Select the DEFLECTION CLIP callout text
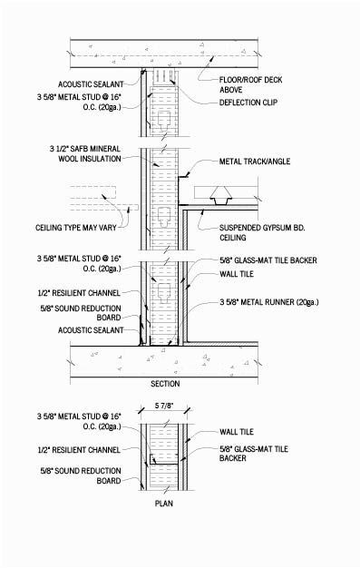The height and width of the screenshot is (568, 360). [249, 103]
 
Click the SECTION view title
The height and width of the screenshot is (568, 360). [164, 382]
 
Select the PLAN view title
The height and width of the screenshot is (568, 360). [164, 503]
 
